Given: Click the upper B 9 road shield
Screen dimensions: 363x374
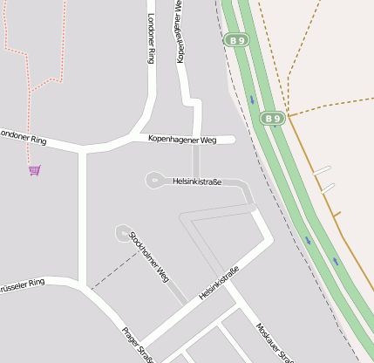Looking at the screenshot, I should [236, 39].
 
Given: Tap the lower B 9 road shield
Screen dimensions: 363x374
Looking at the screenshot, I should [273, 118].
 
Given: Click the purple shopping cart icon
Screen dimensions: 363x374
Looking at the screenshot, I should [34, 170].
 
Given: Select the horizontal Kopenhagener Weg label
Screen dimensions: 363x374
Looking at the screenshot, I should [181, 139].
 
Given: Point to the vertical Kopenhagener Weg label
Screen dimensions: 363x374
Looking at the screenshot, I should [180, 31].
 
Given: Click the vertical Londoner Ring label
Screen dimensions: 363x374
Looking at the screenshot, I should [151, 38].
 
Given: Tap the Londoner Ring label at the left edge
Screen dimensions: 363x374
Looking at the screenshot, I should [22, 136].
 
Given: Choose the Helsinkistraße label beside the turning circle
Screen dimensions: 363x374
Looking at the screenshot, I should [197, 181].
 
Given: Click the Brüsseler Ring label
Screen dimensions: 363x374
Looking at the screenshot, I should [21, 284].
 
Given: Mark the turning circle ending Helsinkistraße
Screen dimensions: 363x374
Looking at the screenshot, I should [153, 181].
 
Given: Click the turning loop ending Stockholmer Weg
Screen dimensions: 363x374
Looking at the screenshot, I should [122, 232].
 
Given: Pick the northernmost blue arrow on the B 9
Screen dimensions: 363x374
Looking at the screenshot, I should [251, 99].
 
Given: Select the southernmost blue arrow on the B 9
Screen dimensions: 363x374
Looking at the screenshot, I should [335, 261].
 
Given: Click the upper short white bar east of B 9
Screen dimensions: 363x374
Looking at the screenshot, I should [323, 169].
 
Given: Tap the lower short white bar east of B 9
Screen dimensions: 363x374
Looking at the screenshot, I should [328, 187].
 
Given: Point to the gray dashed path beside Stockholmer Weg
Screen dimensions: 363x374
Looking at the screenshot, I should [113, 270].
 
